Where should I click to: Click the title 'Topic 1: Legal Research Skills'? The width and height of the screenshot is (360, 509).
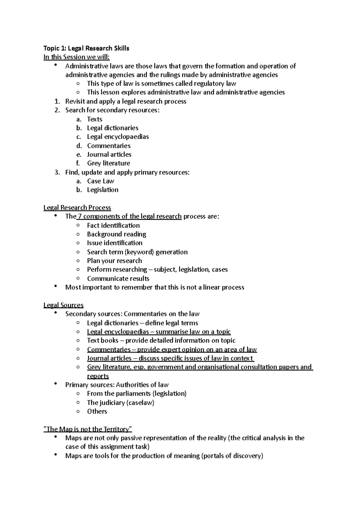point(86,48)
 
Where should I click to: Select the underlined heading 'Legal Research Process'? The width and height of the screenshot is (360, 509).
point(77,207)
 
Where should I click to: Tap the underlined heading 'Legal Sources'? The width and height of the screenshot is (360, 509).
point(63,305)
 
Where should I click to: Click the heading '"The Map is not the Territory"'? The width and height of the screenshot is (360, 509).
point(88,429)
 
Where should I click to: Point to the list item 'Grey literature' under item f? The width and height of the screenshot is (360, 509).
point(108,163)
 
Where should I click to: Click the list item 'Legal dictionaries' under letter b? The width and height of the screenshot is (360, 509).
point(112,128)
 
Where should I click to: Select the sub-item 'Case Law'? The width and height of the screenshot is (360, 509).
point(100,181)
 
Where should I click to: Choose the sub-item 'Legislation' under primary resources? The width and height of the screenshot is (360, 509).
point(103,190)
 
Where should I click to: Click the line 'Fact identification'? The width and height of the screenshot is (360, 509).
point(113,225)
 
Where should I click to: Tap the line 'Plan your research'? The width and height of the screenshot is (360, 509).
point(114,261)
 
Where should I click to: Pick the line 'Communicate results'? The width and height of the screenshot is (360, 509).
point(118,278)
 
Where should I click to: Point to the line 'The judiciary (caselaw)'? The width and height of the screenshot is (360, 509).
point(120,403)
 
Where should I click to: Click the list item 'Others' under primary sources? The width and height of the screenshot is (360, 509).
point(97,411)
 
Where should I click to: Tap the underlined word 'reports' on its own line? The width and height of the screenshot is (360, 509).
point(98,376)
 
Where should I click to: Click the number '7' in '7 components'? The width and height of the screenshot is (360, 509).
point(79,216)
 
